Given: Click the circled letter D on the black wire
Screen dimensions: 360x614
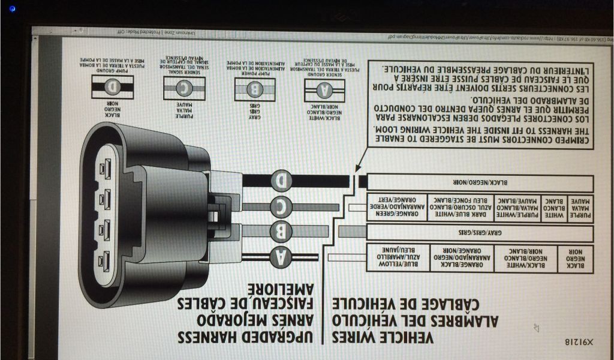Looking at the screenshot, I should point(281,179).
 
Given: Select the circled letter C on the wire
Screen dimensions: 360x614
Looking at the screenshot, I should point(281,205).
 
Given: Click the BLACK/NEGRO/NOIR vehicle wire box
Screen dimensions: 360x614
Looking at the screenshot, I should point(480,182).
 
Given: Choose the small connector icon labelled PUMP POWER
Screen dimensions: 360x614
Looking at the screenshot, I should point(254,89).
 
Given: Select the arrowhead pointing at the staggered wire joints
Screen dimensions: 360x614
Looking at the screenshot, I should point(356,169).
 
